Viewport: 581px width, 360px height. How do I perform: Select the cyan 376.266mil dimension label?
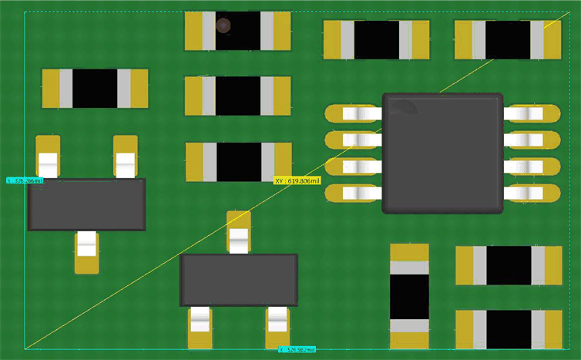coord(25,180)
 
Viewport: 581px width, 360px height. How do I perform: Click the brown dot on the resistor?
coord(223,25)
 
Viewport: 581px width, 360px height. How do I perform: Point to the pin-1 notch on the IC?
coord(408,106)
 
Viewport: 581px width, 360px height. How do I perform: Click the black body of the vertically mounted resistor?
coord(409,297)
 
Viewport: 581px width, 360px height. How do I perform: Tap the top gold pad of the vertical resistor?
coord(409,252)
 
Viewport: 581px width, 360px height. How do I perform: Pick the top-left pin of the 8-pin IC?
coord(354,114)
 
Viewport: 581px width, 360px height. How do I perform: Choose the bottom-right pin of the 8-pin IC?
coord(531,193)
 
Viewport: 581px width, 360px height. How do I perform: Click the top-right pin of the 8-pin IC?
coord(531,114)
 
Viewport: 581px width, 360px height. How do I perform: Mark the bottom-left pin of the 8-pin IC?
coord(354,193)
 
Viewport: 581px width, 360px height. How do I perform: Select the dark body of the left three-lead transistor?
coord(86,204)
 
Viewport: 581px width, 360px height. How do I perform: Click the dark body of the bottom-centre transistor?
coord(239,280)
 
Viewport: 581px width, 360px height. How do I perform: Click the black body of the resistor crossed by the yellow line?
coord(508,40)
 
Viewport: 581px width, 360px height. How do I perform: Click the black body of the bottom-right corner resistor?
coord(509,330)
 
